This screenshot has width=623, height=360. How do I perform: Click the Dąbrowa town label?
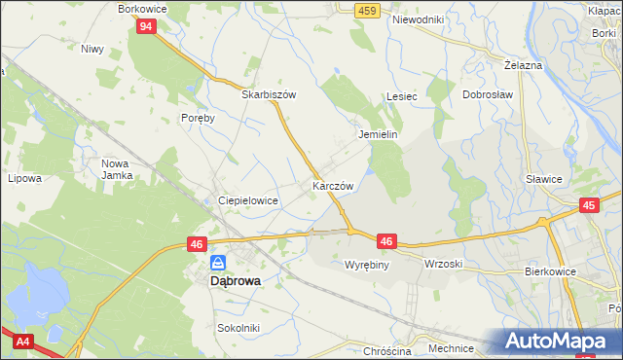click(x=236, y=281)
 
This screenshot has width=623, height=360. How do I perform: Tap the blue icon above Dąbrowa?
click(x=219, y=263)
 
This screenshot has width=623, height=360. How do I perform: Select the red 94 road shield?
click(x=146, y=26)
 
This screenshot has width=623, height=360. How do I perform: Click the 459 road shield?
click(x=366, y=10)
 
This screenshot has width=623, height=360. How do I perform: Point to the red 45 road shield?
click(x=588, y=205)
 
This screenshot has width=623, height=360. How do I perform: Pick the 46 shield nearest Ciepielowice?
click(x=198, y=245)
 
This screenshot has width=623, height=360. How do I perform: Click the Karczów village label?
click(x=332, y=185)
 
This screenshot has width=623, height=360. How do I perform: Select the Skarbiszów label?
click(x=269, y=95)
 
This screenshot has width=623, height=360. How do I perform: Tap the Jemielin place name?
click(x=379, y=134)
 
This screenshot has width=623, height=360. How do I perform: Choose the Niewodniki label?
click(x=417, y=19)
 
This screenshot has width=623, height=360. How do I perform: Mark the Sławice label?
click(x=543, y=179)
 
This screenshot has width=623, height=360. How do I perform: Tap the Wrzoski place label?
click(x=443, y=264)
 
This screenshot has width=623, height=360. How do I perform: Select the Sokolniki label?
click(x=238, y=328)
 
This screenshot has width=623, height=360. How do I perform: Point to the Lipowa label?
click(x=24, y=179)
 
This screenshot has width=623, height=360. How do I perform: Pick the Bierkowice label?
click(x=552, y=271)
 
